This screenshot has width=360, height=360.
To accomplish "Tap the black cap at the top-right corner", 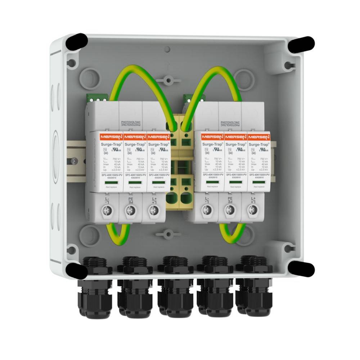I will tap(301, 44).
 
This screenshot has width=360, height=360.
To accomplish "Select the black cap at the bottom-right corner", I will tap(301, 269).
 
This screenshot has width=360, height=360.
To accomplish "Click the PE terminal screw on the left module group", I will tap(130, 211).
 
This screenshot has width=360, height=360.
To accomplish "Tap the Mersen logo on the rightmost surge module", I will tap(258, 137).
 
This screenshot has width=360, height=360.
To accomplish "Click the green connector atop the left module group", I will tap(96, 97).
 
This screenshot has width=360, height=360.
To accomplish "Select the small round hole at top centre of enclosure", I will tap(167, 49).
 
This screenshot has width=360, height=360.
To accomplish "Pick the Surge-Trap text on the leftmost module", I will tap(107, 144).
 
